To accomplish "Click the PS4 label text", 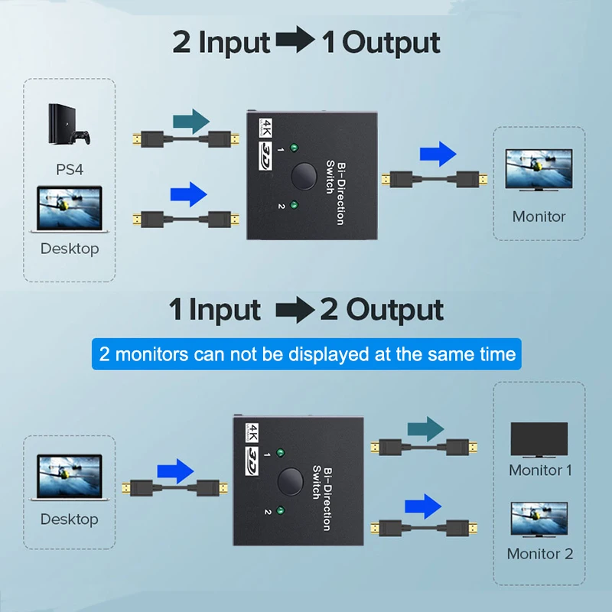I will (69, 169).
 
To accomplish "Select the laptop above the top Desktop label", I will (69, 210).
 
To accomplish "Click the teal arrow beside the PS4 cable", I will (191, 120).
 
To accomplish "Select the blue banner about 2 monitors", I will (307, 355).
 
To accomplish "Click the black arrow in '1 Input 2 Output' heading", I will (294, 311).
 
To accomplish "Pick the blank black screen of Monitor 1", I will (539, 438).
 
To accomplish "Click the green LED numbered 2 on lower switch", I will (282, 511).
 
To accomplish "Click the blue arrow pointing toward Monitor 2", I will (424, 506).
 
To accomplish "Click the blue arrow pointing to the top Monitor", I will (438, 155).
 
